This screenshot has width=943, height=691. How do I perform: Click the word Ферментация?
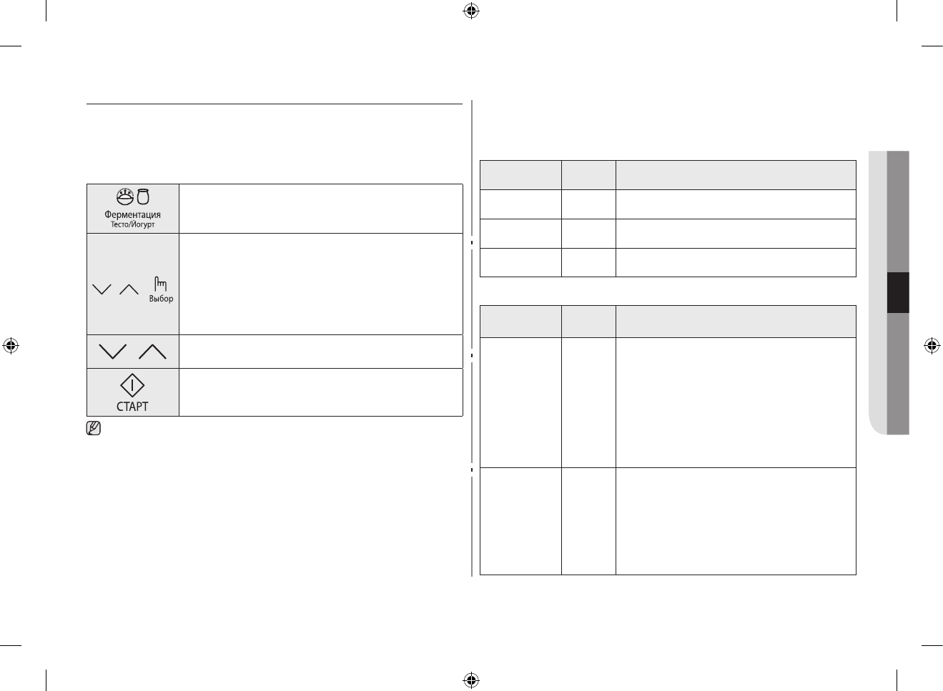tap(132, 214)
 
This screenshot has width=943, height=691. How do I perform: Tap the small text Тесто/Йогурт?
tap(132, 224)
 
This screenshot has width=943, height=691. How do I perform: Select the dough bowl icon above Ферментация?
tap(125, 197)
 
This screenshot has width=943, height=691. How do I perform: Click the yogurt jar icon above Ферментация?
tap(143, 197)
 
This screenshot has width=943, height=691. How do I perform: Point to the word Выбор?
tap(161, 299)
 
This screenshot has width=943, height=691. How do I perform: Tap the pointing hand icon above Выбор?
tap(161, 284)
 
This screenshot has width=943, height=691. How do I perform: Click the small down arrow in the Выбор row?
tap(102, 289)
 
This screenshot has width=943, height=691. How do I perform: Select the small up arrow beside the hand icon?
tap(129, 289)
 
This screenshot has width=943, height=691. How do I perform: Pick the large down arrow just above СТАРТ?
tap(114, 352)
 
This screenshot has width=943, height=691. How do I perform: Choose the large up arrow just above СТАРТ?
tap(152, 352)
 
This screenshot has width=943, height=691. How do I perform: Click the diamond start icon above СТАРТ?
tap(132, 386)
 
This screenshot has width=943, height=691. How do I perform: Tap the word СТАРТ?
tap(132, 407)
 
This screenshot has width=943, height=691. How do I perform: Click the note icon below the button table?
tap(94, 429)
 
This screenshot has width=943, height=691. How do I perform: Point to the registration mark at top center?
tap(470, 11)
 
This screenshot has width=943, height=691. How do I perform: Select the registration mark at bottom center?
tap(470, 680)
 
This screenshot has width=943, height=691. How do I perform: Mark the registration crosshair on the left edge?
tap(11, 346)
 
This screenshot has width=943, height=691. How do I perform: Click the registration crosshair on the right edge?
tap(932, 346)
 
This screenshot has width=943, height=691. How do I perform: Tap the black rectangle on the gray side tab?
tap(898, 292)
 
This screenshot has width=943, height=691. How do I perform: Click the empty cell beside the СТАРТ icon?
tap(320, 392)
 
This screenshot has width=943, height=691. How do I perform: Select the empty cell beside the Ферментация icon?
tap(320, 209)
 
